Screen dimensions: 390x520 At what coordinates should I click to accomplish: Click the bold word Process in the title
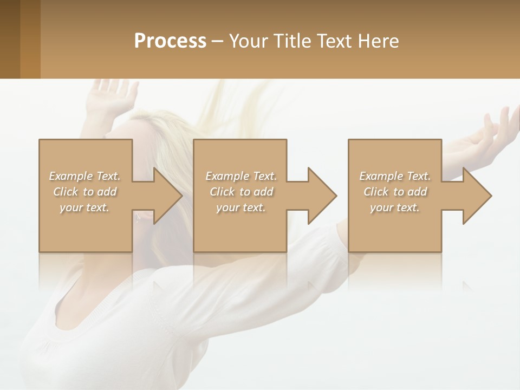tap(170, 41)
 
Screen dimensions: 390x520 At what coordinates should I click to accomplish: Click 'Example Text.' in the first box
tap(84, 176)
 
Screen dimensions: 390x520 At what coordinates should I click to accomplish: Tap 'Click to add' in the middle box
tap(241, 192)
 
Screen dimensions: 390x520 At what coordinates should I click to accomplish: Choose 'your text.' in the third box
tap(395, 207)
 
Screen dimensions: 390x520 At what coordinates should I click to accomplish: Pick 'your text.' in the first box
tap(84, 207)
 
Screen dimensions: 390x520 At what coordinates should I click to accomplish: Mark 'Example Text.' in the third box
tap(395, 176)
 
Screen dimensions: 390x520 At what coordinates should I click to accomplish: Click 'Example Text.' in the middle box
tap(241, 176)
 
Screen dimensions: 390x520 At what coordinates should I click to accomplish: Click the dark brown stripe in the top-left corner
tap(10, 39)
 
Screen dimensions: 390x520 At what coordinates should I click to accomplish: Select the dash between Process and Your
tap(218, 41)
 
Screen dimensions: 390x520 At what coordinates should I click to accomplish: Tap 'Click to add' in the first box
tap(84, 192)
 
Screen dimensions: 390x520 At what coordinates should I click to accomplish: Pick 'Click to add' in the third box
tap(395, 192)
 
